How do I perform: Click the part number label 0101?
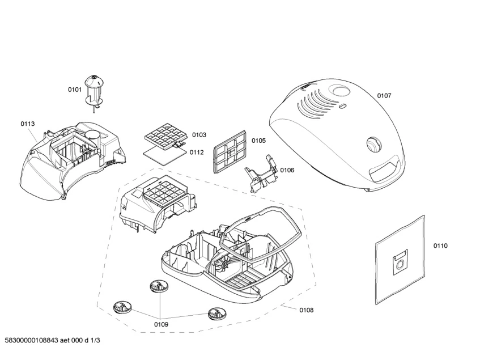pos(75,90)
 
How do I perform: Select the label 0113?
pos(28,124)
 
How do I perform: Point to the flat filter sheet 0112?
pos(165,155)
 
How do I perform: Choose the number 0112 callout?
pos(197,153)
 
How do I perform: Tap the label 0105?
pos(258,141)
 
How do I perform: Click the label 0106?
pos(287,170)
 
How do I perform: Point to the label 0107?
pos(384,96)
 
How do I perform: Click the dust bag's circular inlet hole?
pos(399,265)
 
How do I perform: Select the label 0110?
pos(440,246)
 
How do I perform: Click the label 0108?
pos(307,310)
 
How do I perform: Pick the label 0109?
pos(161,324)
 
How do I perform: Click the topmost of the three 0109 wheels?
pos(159,286)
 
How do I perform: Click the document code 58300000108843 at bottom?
pos(32,340)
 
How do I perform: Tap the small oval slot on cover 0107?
pos(342,106)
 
